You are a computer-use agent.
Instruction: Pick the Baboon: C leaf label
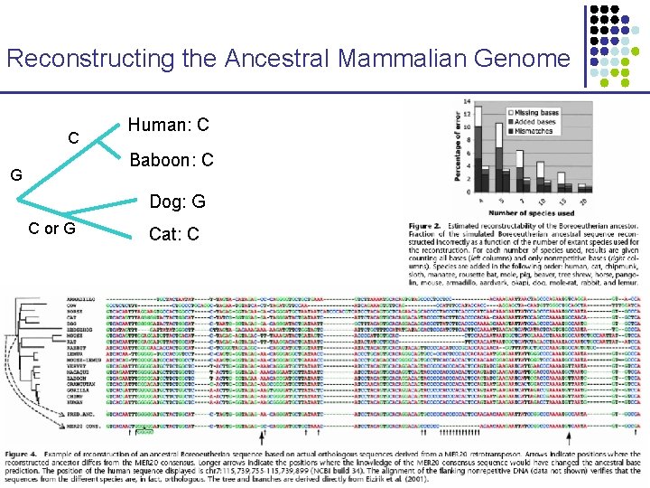(x=172, y=160)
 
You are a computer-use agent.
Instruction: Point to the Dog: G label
(x=177, y=201)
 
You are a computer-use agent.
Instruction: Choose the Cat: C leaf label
(x=174, y=234)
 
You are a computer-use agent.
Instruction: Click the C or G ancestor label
(x=52, y=228)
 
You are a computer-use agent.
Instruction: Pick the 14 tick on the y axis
(x=469, y=101)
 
